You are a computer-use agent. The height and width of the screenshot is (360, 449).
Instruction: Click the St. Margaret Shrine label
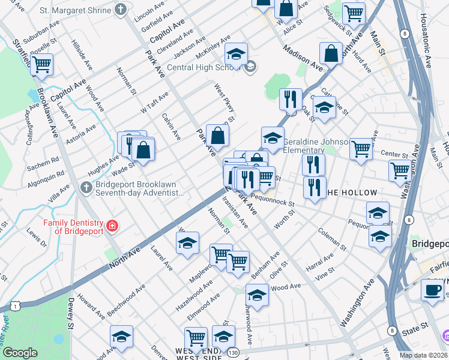[75, 10]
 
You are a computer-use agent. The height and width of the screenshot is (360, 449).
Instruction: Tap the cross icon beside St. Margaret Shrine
[121, 10]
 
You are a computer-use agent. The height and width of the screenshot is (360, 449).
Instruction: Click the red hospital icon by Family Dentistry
[112, 226]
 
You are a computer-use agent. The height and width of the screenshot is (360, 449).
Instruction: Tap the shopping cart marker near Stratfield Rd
[41, 64]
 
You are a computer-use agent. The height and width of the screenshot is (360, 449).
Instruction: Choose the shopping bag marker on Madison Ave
[331, 54]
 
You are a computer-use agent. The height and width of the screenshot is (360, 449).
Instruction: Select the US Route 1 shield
[14, 307]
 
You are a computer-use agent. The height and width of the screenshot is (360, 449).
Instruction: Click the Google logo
[20, 353]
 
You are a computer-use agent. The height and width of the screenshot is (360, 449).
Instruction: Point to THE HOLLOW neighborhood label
[352, 193]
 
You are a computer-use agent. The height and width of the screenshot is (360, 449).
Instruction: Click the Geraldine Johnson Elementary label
[315, 146]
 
